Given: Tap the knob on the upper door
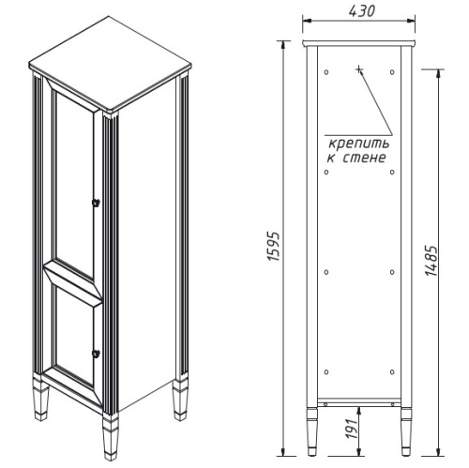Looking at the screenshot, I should pyautogui.click(x=94, y=203).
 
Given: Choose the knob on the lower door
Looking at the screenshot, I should pyautogui.click(x=94, y=352).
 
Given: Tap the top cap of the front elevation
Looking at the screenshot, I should pyautogui.click(x=359, y=44).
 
